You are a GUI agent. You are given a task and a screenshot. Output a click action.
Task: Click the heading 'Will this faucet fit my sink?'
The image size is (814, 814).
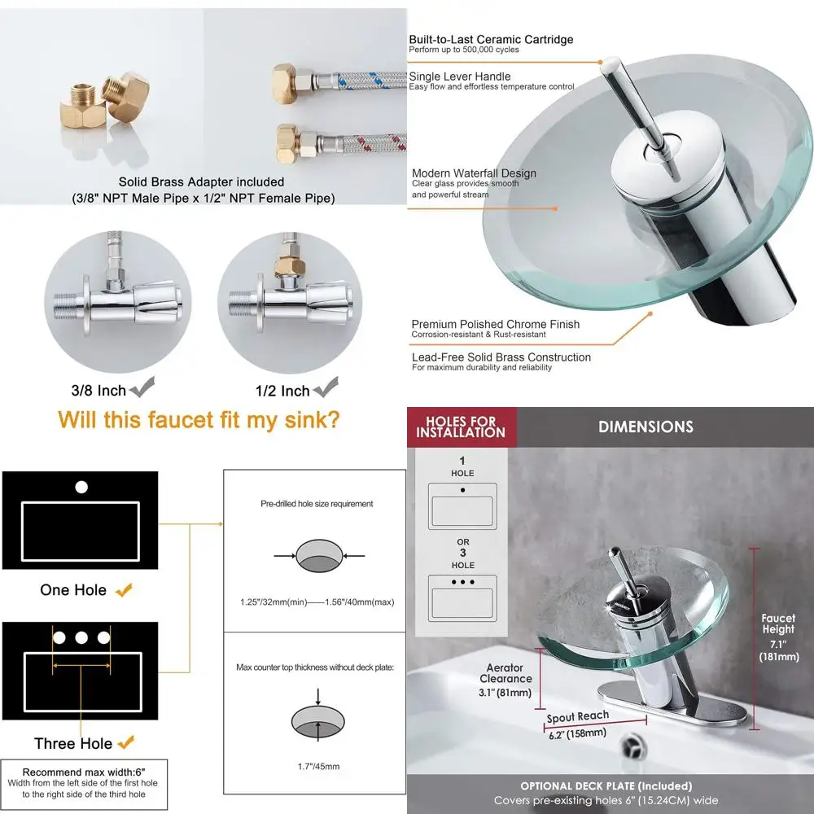[199, 420]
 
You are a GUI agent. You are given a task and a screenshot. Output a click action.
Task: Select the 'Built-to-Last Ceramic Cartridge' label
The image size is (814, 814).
[491, 40]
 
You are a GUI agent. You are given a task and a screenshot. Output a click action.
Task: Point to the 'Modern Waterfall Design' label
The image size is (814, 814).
[474, 173]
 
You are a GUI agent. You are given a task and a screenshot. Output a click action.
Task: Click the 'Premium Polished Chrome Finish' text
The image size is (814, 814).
[495, 324]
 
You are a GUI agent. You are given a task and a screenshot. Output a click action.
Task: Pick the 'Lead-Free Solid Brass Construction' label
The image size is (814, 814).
[501, 357]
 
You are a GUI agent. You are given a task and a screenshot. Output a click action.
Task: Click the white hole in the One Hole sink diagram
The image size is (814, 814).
[81, 488]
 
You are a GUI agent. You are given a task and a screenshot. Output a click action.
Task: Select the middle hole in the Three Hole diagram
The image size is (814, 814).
[81, 637]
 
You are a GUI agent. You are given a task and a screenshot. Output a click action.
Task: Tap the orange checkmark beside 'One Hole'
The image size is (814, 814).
[124, 589]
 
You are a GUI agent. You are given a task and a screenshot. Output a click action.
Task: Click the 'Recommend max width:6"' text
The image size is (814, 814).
[84, 772]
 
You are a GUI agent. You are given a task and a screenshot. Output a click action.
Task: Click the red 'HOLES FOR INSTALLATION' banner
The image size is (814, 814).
[461, 427]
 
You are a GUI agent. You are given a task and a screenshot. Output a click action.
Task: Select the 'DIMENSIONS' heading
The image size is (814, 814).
[646, 427]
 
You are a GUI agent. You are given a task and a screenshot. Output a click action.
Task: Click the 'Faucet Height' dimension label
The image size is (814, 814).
[778, 624]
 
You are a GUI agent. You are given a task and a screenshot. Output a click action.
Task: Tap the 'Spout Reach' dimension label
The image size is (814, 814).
[578, 716]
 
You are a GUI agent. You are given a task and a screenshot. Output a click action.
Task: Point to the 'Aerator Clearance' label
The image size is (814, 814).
[505, 673]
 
